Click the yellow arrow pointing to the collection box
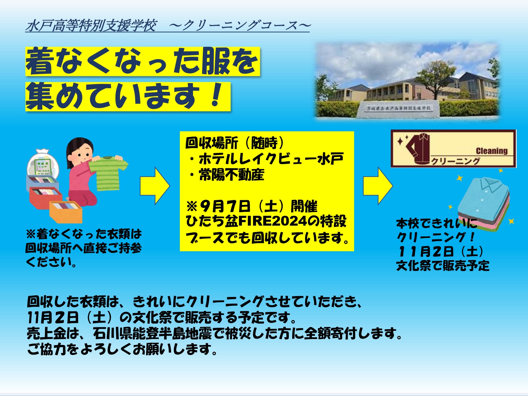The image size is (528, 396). (x=155, y=186)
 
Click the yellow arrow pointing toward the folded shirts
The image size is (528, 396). (x=378, y=186)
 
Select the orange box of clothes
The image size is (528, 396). (x=66, y=212)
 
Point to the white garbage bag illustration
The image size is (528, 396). (x=43, y=163)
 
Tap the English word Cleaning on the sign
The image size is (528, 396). (x=492, y=151)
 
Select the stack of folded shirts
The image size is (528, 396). (x=484, y=205)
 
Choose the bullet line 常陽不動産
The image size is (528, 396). (x=227, y=175)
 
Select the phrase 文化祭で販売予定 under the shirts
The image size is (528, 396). (x=443, y=265)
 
